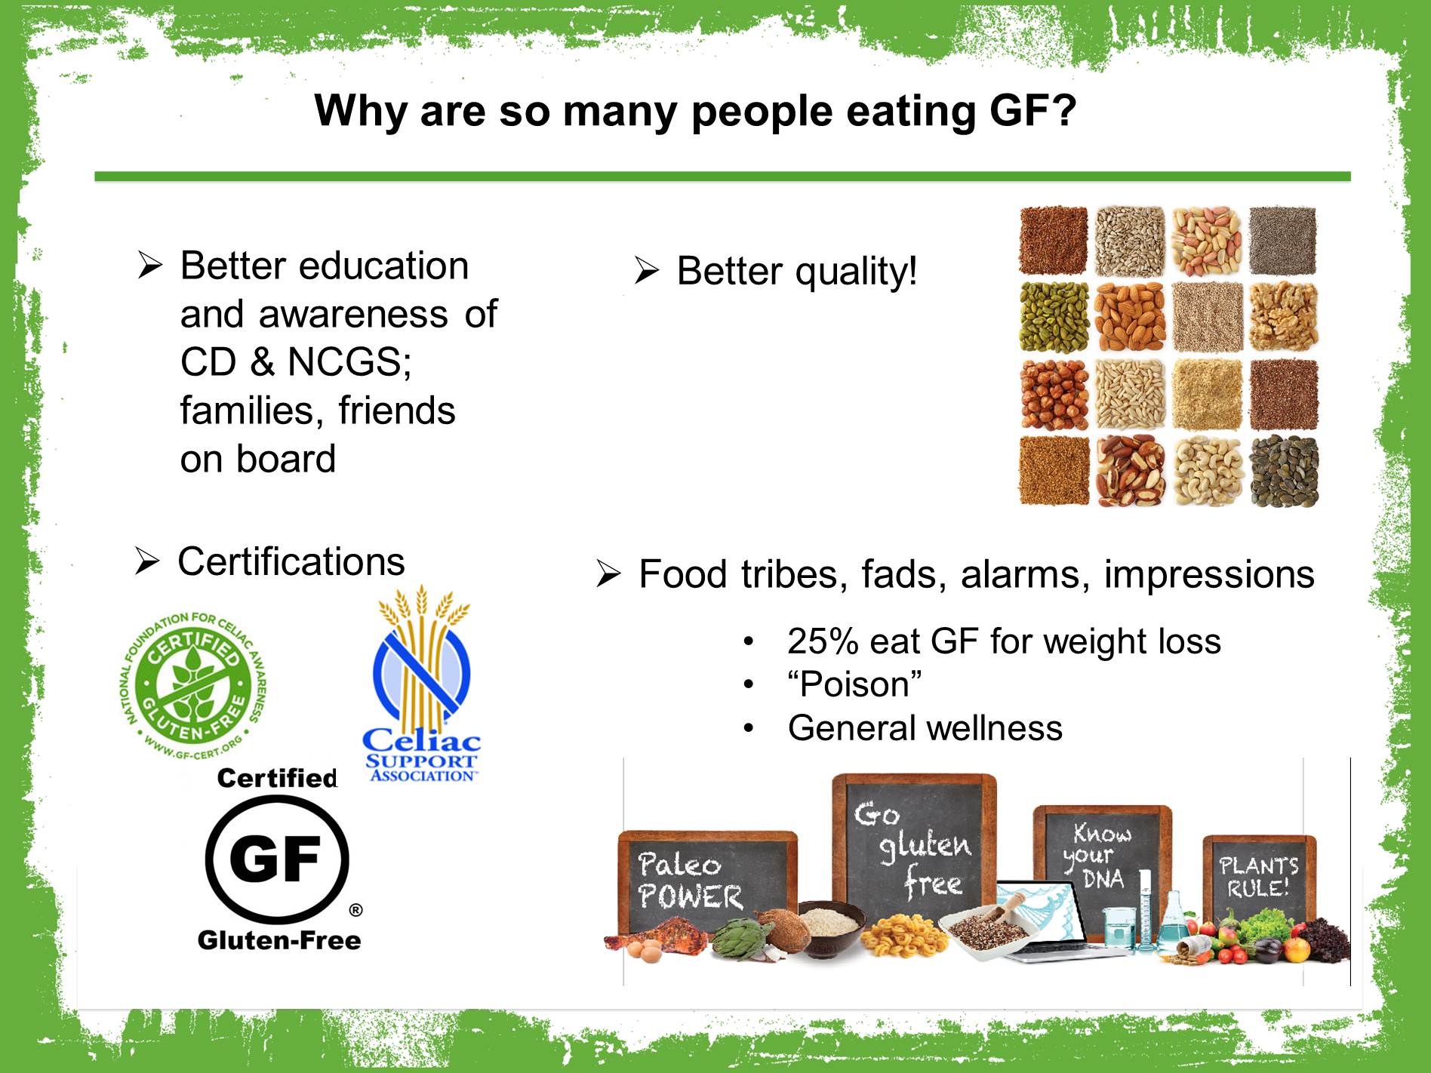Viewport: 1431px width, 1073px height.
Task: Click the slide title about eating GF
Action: point(695,112)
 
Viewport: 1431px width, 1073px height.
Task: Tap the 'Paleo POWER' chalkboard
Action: point(707,881)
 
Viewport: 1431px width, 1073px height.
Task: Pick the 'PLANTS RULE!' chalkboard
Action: point(1258,875)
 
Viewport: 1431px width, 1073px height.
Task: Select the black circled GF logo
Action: point(278,859)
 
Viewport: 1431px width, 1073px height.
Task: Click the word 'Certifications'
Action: point(291,562)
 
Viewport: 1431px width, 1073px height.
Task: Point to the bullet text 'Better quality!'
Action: point(797,271)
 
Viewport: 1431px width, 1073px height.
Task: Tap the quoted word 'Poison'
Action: point(854,684)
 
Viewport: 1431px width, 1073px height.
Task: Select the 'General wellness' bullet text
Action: point(925,728)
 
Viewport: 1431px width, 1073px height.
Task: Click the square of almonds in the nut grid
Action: point(1130,317)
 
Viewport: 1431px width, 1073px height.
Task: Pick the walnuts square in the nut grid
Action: point(1284,317)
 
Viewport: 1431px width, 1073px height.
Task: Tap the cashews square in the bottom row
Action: point(1207,472)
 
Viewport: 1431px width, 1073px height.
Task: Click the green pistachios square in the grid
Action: point(1054,317)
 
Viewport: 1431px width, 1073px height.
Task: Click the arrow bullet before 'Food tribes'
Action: point(608,575)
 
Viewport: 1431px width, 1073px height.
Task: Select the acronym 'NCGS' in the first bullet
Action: point(349,362)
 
